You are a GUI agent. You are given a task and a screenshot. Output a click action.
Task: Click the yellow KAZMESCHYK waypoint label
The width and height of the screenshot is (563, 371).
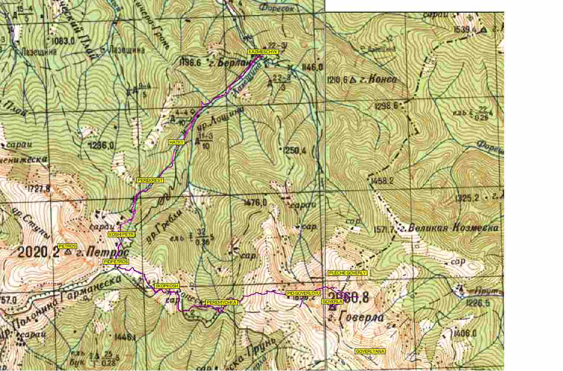(263, 52)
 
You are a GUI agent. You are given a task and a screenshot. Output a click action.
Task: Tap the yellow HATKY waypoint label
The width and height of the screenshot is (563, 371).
(177, 142)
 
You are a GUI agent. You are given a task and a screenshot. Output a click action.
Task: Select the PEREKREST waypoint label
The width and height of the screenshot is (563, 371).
(150, 180)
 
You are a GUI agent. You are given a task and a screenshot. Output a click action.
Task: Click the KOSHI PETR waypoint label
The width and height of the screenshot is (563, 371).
(122, 234)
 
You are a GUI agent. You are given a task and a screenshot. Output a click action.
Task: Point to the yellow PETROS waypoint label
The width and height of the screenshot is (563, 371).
(67, 246)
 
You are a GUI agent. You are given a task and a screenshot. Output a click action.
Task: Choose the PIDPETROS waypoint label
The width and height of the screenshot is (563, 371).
(116, 262)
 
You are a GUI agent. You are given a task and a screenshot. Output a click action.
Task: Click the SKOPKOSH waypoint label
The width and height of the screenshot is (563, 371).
(167, 286)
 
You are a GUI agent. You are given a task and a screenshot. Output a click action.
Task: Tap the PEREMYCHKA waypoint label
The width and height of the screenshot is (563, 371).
(221, 302)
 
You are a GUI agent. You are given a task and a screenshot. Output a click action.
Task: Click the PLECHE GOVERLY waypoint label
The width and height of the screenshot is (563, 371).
(347, 273)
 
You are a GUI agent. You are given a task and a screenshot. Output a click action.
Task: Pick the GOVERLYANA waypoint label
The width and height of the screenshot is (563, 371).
(370, 351)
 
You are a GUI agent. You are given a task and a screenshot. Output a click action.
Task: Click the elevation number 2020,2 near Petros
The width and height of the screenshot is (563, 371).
(39, 252)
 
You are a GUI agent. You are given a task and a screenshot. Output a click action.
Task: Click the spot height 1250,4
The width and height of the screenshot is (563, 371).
(296, 151)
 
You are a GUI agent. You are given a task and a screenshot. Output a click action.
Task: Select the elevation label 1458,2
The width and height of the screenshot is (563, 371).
(382, 181)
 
